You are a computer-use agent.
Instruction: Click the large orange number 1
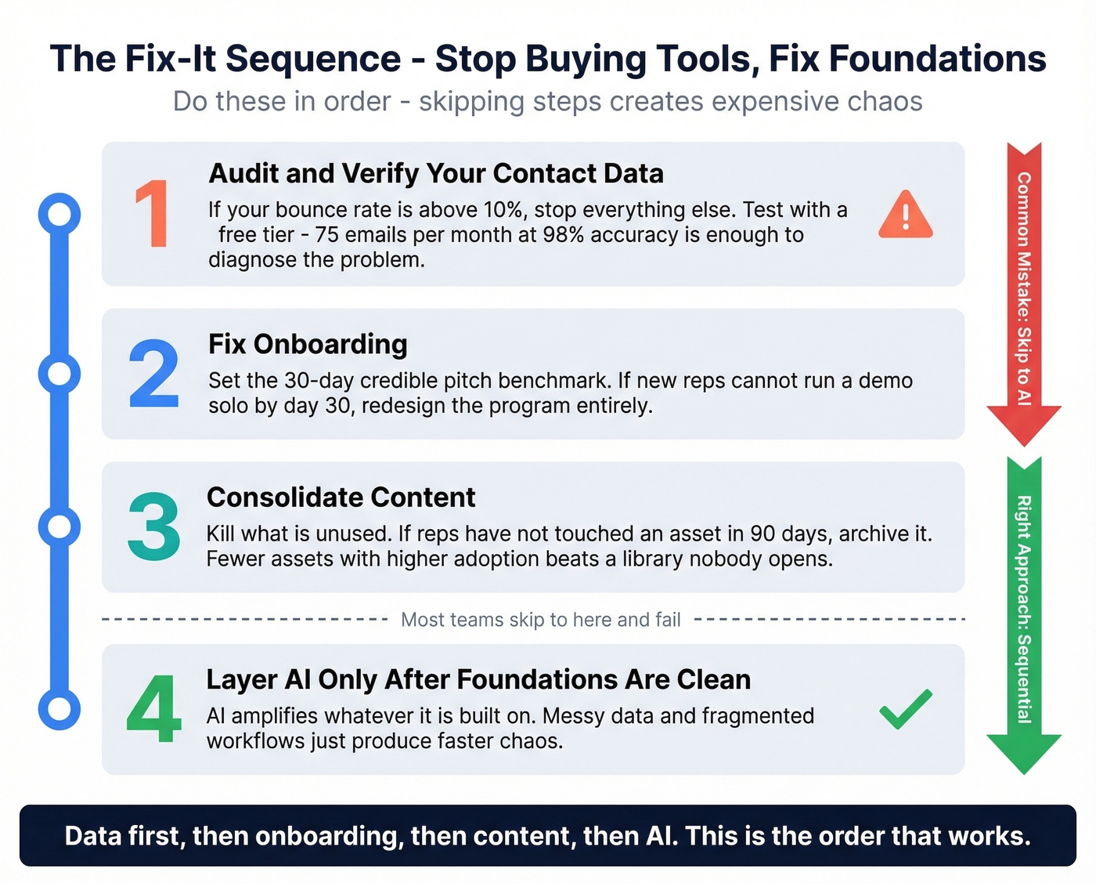pyautogui.click(x=153, y=214)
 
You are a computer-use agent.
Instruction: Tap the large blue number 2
pyautogui.click(x=153, y=374)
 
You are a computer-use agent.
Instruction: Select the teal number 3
pyautogui.click(x=153, y=527)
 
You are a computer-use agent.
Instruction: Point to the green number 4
pyautogui.click(x=153, y=709)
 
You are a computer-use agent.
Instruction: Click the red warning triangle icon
pyautogui.click(x=905, y=215)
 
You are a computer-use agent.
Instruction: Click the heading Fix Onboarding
pyautogui.click(x=308, y=344)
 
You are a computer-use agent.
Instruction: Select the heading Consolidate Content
pyautogui.click(x=341, y=498)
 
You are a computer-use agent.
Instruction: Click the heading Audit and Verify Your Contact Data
pyautogui.click(x=436, y=173)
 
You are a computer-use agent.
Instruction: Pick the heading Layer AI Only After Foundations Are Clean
pyautogui.click(x=478, y=679)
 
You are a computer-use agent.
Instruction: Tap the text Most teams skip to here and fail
pyautogui.click(x=540, y=620)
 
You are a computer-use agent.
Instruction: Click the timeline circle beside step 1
pyautogui.click(x=59, y=214)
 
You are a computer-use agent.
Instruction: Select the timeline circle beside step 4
pyautogui.click(x=59, y=709)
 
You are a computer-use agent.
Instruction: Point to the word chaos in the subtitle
pyautogui.click(x=882, y=102)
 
